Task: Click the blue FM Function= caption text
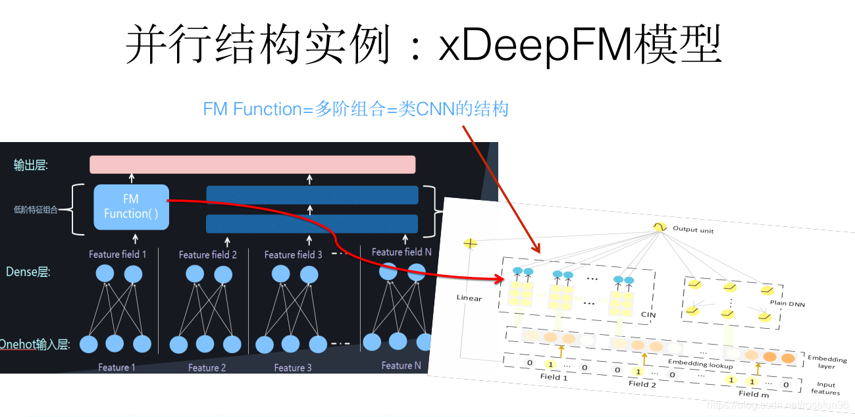coord(355,109)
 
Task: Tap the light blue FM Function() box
coord(131,207)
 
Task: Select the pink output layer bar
coord(252,164)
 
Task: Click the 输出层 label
coord(31,165)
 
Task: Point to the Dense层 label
coord(28,272)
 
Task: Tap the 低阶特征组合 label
coord(36,210)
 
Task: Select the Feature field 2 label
coord(207,255)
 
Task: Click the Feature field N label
coord(402,252)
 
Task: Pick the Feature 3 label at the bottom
coord(293,368)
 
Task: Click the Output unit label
coord(692,230)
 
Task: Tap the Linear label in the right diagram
coord(469,298)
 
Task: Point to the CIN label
coord(648,315)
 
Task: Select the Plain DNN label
coord(787,304)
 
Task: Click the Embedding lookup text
coord(700,364)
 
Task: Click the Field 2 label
coord(642,384)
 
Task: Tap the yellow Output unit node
coord(659,226)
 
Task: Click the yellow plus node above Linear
coord(470,243)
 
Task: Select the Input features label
coord(825,389)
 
